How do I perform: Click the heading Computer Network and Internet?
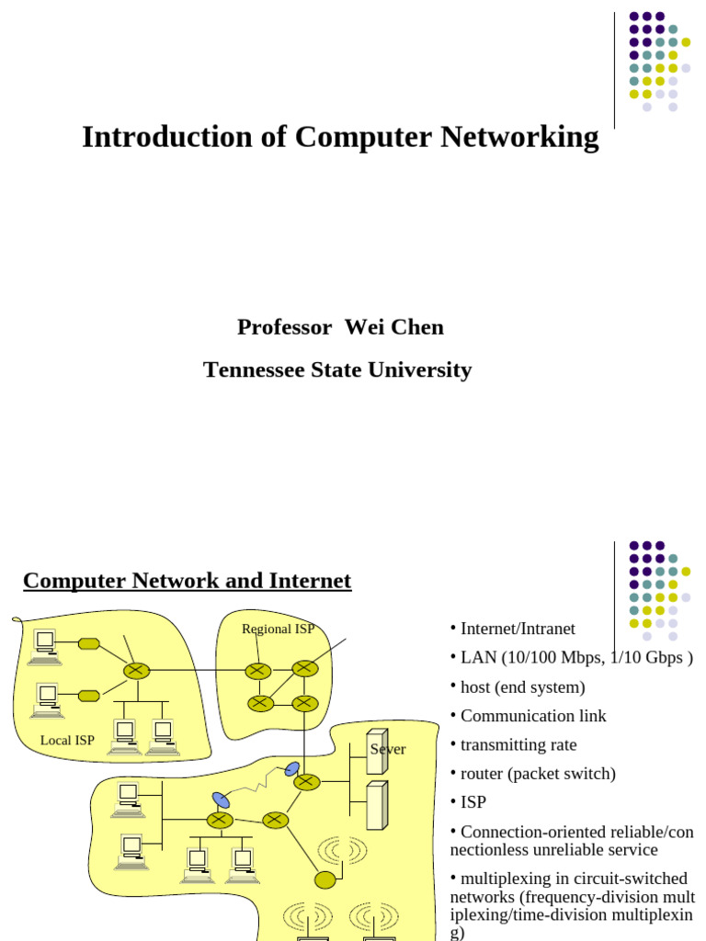point(187,581)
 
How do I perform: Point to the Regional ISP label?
point(278,629)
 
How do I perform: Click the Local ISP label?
point(67,741)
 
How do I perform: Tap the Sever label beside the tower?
point(388,750)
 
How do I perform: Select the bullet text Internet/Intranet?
point(518,629)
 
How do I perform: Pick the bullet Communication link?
point(533,716)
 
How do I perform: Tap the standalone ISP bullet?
point(473,802)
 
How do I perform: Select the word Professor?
point(284,327)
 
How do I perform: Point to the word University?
point(420,370)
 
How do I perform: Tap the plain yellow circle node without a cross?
point(325,880)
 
